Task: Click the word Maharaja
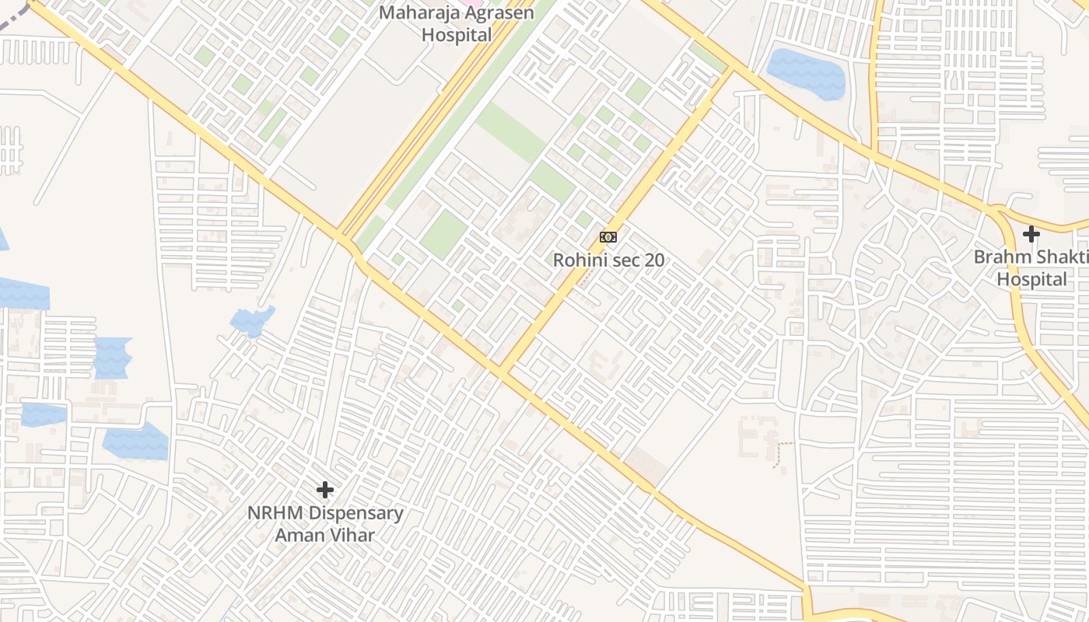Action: pos(412,13)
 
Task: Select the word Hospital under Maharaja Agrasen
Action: pos(457,35)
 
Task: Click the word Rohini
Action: pos(580,260)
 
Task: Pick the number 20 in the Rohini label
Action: pos(654,260)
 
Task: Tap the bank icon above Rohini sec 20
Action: pos(608,236)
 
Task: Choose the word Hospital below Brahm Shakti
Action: pos(1032,279)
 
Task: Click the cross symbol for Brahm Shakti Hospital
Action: pos(1031,233)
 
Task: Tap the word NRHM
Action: pos(276,513)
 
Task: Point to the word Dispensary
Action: pos(355,513)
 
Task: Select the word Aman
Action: pos(299,535)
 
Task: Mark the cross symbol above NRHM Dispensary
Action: pos(325,490)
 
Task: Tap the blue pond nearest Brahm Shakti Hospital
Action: pos(806,73)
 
